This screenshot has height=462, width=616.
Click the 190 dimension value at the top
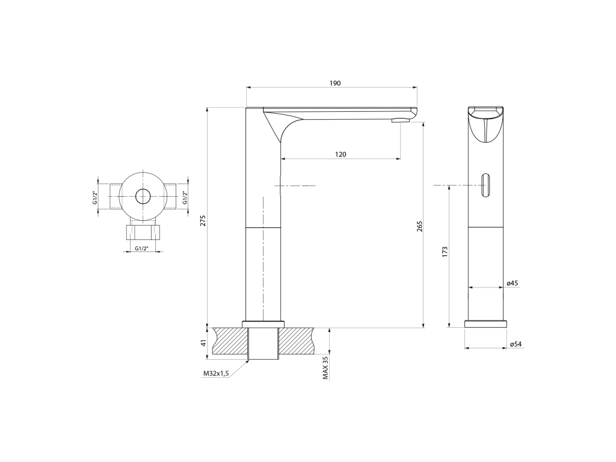(x=335, y=83)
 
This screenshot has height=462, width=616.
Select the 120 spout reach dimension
(x=340, y=155)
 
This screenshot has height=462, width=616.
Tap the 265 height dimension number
(x=419, y=227)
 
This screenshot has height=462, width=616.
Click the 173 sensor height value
(x=445, y=252)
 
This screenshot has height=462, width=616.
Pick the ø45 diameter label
(x=513, y=283)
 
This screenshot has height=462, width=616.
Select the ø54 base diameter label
(x=516, y=344)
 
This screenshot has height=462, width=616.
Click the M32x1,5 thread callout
(x=216, y=374)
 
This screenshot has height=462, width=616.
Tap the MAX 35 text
(x=325, y=368)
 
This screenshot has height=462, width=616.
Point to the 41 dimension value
(x=203, y=343)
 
